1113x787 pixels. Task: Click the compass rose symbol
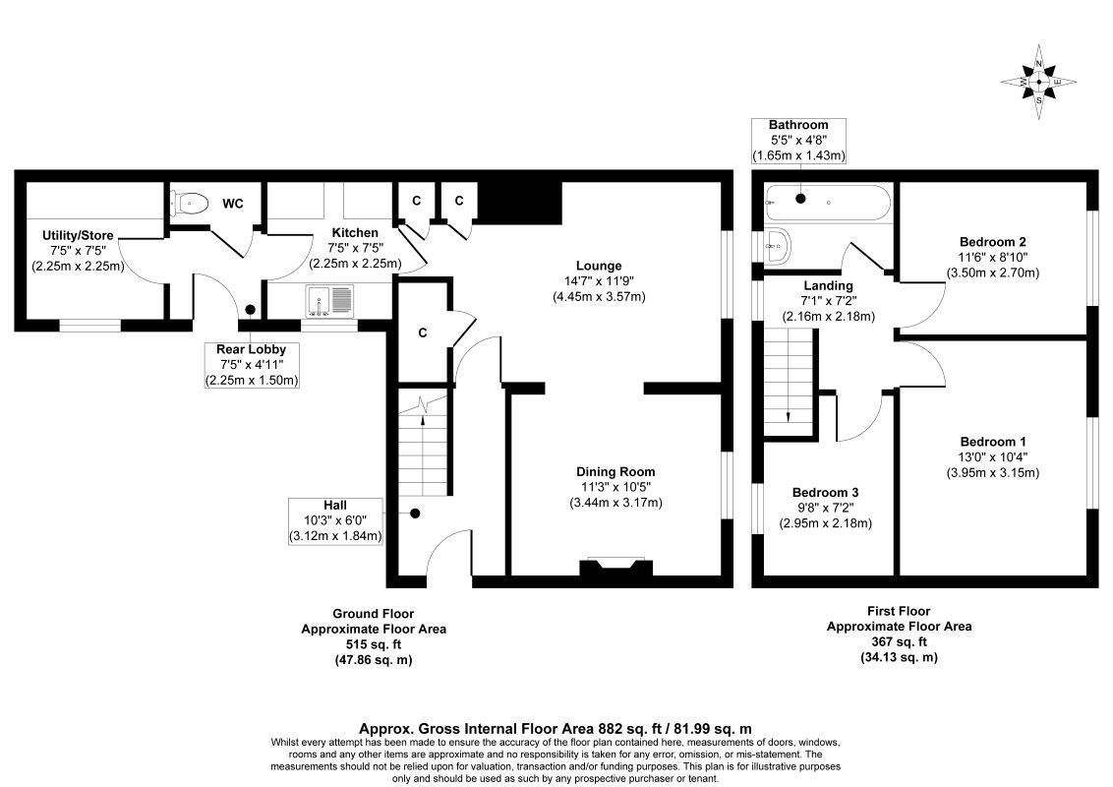[x=1038, y=83]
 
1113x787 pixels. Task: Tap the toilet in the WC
[x=190, y=203]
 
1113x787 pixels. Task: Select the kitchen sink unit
[x=329, y=301]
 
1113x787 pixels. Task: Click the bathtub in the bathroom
[x=827, y=203]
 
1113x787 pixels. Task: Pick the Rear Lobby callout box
[x=252, y=365]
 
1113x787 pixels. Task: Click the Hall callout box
[x=335, y=520]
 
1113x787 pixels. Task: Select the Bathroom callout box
[x=798, y=141]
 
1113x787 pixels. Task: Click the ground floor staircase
[x=424, y=442]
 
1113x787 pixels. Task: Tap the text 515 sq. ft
[x=374, y=645]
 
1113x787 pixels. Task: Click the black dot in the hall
[x=415, y=513]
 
